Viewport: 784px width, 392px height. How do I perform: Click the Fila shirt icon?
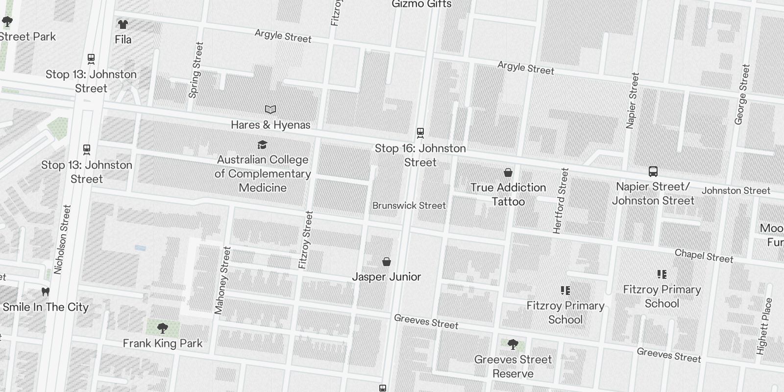tap(122, 24)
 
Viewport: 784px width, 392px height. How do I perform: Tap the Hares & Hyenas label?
tap(270, 125)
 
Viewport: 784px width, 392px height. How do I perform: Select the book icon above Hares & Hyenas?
tap(270, 109)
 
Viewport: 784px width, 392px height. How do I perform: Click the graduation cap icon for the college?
tap(263, 145)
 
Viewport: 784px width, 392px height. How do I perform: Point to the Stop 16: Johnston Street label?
tap(420, 155)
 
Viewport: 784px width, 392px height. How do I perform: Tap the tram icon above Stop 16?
tap(420, 132)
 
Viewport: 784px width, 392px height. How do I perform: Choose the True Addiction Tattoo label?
tap(508, 195)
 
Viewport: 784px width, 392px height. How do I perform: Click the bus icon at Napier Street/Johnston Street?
tap(653, 171)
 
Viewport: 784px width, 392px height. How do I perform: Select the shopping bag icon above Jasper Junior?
tap(387, 262)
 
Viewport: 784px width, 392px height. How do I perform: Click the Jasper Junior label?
tap(387, 277)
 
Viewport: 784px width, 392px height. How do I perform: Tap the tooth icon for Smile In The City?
tap(46, 292)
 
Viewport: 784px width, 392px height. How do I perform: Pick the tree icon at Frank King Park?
tap(163, 328)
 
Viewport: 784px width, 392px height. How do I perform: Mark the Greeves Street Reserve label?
tap(513, 367)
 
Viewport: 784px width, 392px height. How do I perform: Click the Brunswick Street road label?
tap(409, 205)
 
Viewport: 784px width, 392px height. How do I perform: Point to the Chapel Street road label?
tap(704, 256)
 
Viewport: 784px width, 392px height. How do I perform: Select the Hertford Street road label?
tap(560, 201)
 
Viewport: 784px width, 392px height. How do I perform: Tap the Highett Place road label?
tap(764, 326)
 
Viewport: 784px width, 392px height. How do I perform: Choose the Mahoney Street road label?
tap(222, 280)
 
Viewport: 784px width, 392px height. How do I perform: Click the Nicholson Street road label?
tap(62, 239)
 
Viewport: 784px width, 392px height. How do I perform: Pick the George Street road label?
tap(742, 94)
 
